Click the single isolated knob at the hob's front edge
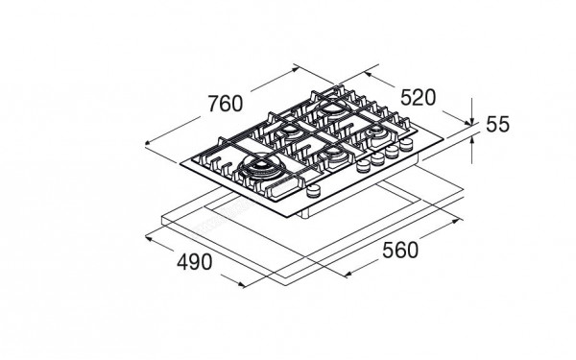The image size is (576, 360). tap(313, 193)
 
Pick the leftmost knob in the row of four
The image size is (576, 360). tap(363, 167)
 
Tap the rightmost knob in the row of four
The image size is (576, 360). tap(405, 147)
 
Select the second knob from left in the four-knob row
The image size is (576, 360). tap(377, 160)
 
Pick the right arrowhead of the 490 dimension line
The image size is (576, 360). tap(242, 281)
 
